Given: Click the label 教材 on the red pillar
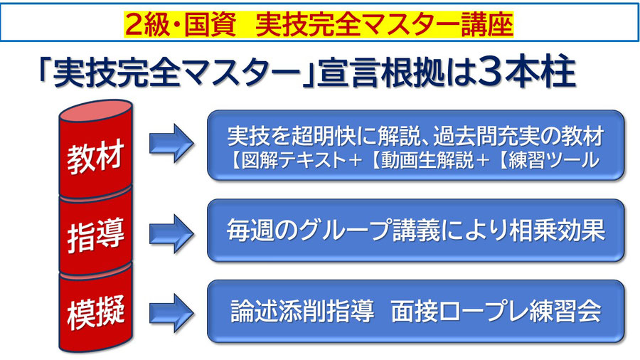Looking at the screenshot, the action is pyautogui.click(x=95, y=157).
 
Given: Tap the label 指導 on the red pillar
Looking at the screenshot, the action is pyautogui.click(x=95, y=235).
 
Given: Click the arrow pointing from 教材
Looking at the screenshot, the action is pyautogui.click(x=171, y=143).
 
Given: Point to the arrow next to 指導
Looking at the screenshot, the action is pyautogui.click(x=171, y=233).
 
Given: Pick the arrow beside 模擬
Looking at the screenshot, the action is pyautogui.click(x=171, y=312).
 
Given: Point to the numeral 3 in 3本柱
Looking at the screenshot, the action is pyautogui.click(x=488, y=73).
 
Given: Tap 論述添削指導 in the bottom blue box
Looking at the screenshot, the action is pyautogui.click(x=302, y=312).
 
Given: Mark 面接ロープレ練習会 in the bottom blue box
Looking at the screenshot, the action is pyautogui.click(x=496, y=312).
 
